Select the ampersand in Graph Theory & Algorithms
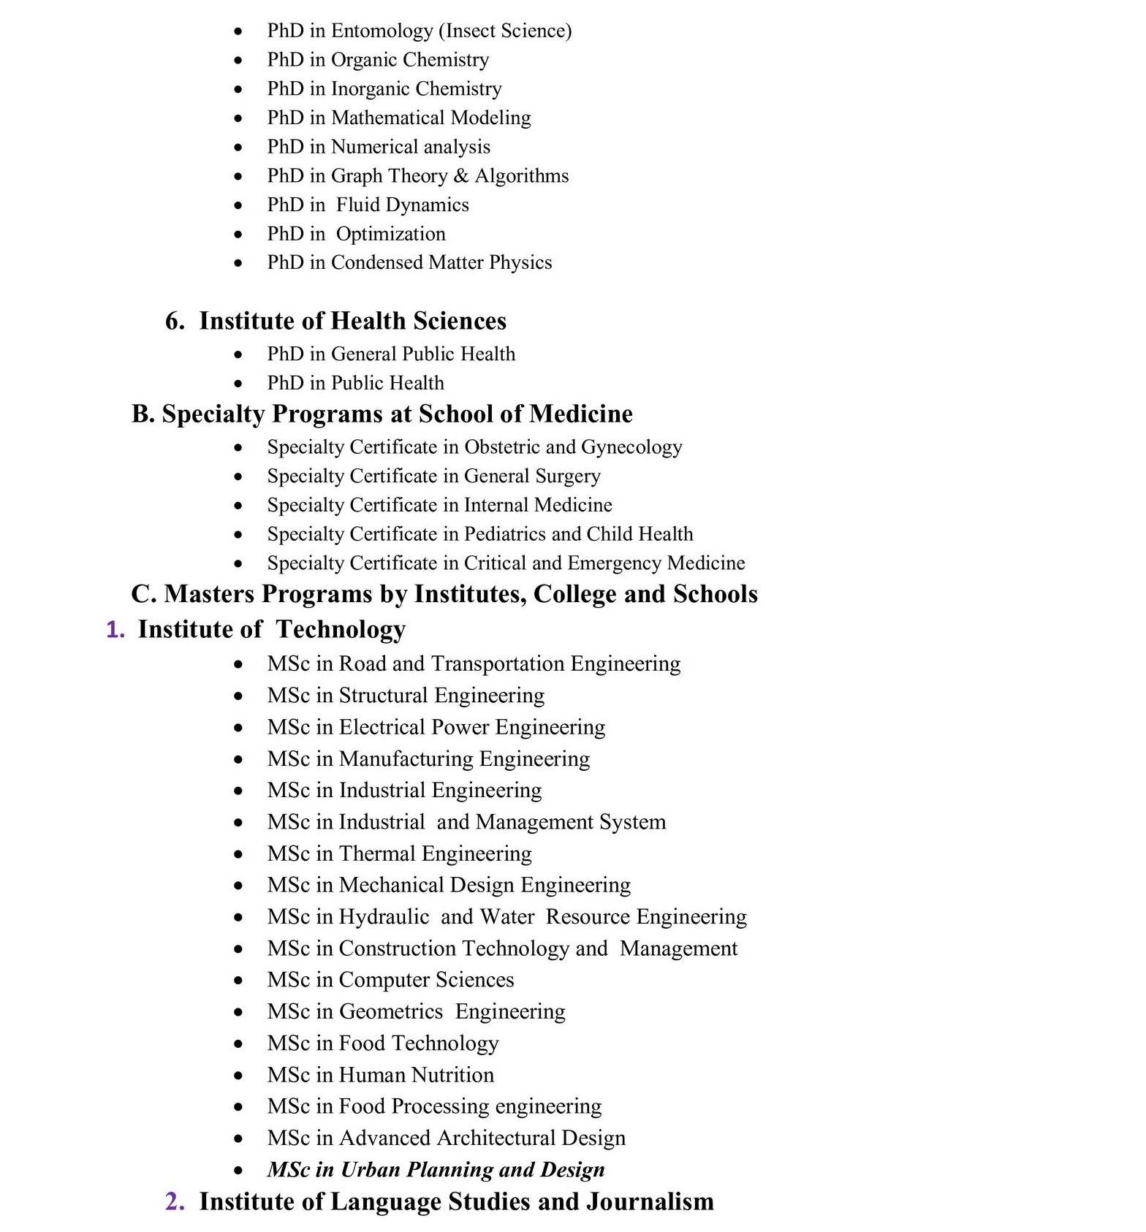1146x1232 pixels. click(460, 176)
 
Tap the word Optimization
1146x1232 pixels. click(390, 234)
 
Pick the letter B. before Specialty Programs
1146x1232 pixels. click(143, 414)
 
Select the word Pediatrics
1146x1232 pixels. click(505, 534)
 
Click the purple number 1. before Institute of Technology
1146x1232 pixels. click(115, 629)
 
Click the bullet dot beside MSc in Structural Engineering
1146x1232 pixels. click(238, 696)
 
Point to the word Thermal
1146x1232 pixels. click(377, 853)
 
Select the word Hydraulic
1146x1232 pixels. click(384, 916)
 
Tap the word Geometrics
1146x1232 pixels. click(391, 1011)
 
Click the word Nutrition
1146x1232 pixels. click(452, 1075)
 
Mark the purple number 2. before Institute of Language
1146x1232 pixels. click(175, 1201)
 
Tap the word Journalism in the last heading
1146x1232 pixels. click(650, 1201)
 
